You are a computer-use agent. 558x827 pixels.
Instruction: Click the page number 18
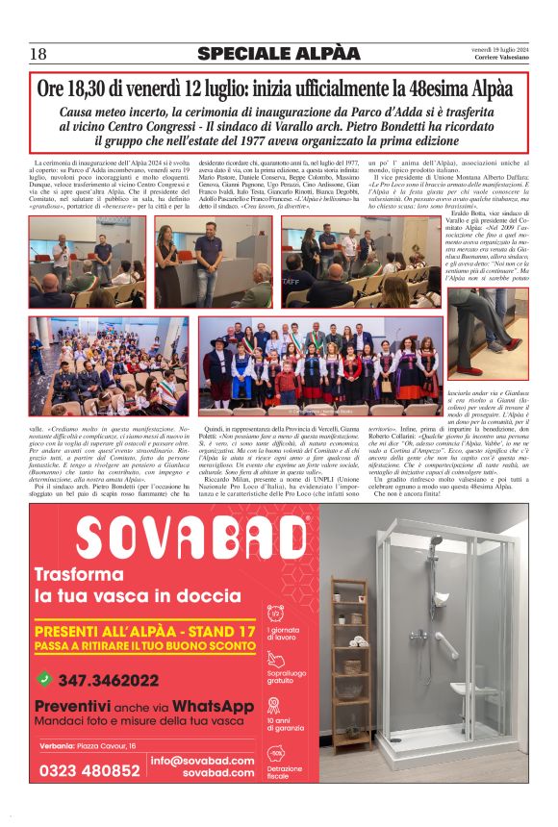click(38, 54)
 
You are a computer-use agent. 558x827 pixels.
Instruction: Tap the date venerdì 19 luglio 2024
click(498, 49)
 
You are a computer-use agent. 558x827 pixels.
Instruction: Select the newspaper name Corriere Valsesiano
click(504, 60)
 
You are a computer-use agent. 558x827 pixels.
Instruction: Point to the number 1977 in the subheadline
click(258, 139)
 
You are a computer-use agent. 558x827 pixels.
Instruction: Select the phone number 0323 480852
click(89, 770)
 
